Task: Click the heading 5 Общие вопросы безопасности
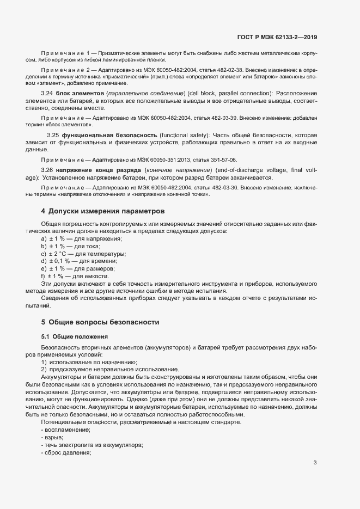pyautogui.click(x=100, y=322)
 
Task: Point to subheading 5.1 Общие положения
pyautogui.click(x=75, y=336)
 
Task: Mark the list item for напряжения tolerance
pyautogui.click(x=81, y=239)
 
